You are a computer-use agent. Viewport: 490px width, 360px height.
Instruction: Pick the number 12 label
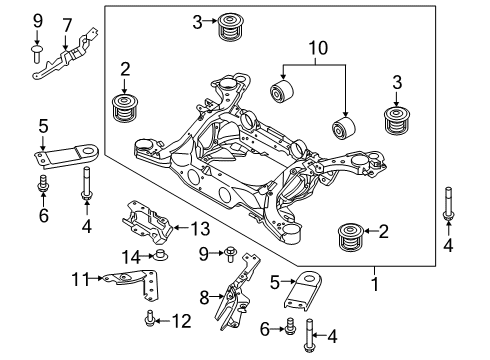point(180,320)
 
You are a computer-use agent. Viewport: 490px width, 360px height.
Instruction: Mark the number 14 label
point(128,257)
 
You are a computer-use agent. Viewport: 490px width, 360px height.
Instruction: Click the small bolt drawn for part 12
point(151,320)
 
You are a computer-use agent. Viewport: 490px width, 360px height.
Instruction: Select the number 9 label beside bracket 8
point(202,252)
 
